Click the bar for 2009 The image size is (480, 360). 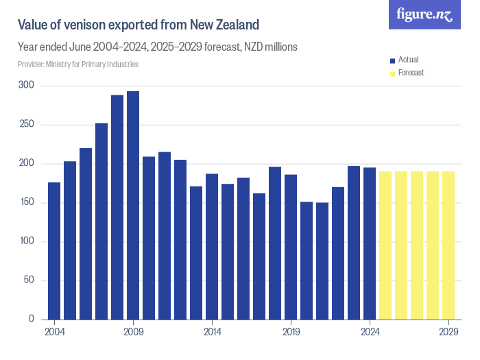coord(133,206)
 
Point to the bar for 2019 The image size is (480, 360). coord(291,247)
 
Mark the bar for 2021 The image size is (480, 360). coord(322,261)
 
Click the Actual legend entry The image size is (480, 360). coord(408,60)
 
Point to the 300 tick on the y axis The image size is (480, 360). coord(27,86)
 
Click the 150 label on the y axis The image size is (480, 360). coord(27,203)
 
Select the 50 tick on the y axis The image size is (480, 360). coord(29,280)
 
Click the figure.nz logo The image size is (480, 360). coord(424,14)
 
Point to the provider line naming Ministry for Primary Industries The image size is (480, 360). coord(78,64)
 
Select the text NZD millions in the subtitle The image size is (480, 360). coord(267,47)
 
